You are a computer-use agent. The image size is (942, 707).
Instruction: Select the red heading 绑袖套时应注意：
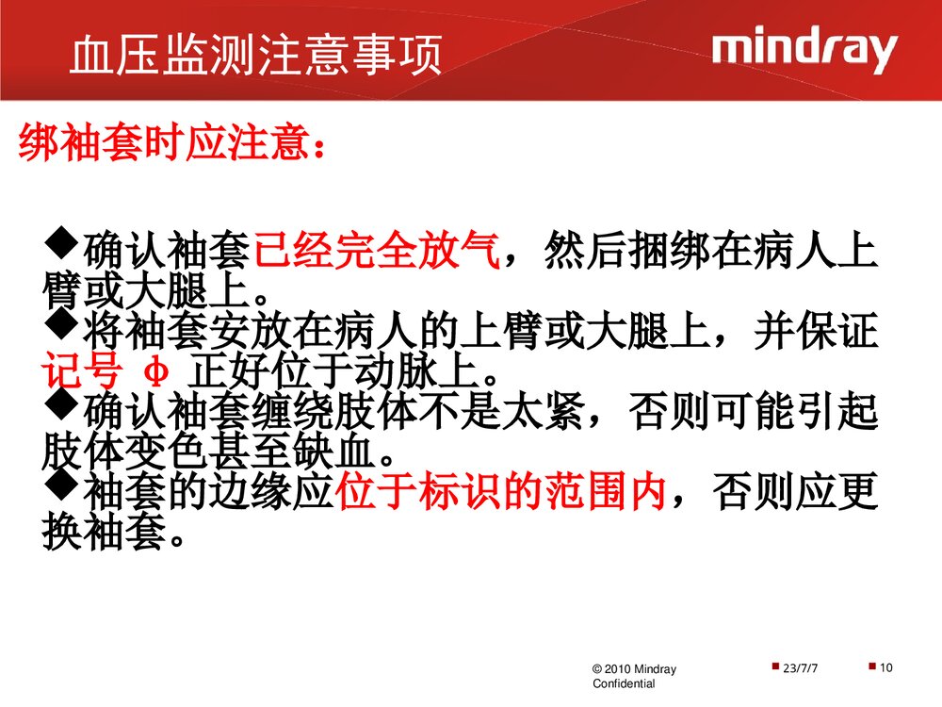[x=175, y=146]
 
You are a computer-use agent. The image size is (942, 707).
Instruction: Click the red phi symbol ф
[x=159, y=372]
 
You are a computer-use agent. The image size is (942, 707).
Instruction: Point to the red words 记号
[x=82, y=372]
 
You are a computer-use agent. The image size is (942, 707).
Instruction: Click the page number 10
[x=885, y=668]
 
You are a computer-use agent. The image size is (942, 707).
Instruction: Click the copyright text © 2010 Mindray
[x=633, y=669]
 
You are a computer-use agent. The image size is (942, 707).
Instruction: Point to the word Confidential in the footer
[x=623, y=684]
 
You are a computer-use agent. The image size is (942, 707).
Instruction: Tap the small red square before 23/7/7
[x=774, y=667]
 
